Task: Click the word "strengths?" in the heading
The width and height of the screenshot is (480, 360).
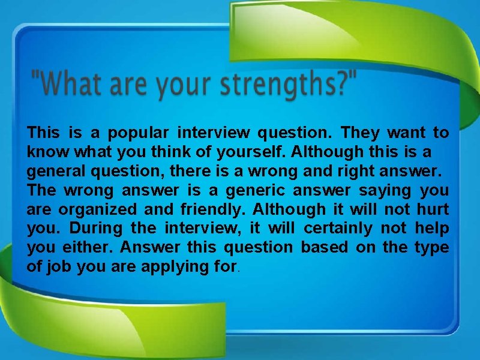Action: pos(287,86)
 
